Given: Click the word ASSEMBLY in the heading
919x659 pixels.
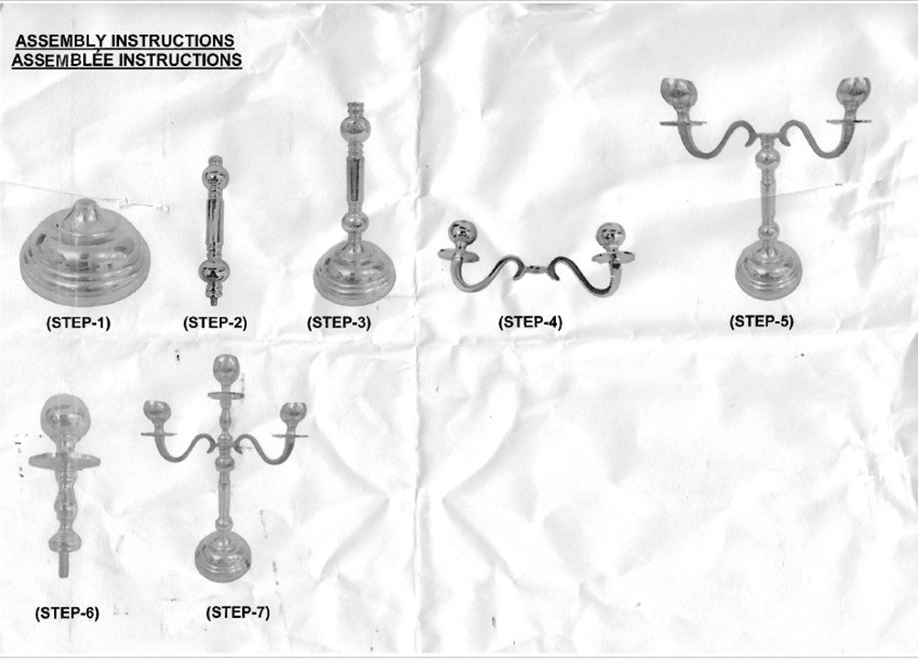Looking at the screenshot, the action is [x=61, y=41].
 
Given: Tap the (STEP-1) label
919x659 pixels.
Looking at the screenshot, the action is [x=79, y=323].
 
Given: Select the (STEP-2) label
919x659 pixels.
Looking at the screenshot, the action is [x=215, y=323].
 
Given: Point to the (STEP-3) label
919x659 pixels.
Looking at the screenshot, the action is [x=339, y=323].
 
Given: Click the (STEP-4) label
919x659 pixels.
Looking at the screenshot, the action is [x=530, y=322].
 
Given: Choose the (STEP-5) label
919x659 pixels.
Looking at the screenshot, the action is [x=762, y=321].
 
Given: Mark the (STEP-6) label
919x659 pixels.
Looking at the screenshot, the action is [x=68, y=613].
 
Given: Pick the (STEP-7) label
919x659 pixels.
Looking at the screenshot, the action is [x=238, y=612].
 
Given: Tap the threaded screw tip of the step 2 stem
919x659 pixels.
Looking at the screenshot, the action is [x=213, y=299].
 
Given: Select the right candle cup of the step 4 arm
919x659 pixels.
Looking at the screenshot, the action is [x=610, y=237].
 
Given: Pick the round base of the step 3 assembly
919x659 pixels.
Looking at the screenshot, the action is [x=354, y=272].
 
